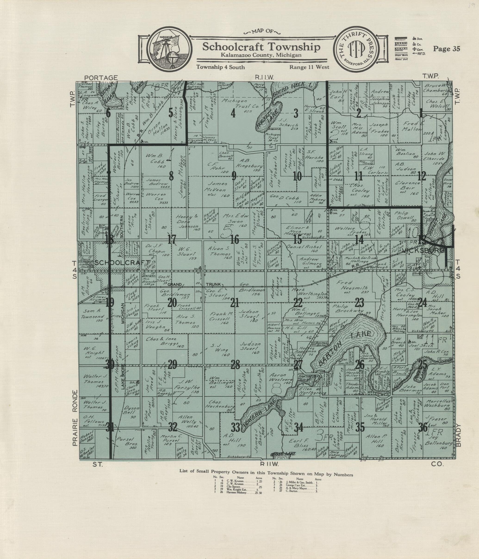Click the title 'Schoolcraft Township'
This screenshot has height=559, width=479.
coord(261,47)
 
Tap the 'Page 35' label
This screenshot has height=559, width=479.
coord(446,49)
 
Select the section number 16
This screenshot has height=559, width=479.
coord(235,239)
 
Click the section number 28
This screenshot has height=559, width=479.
coord(235,365)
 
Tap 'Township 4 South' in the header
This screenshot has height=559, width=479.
coord(221,67)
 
